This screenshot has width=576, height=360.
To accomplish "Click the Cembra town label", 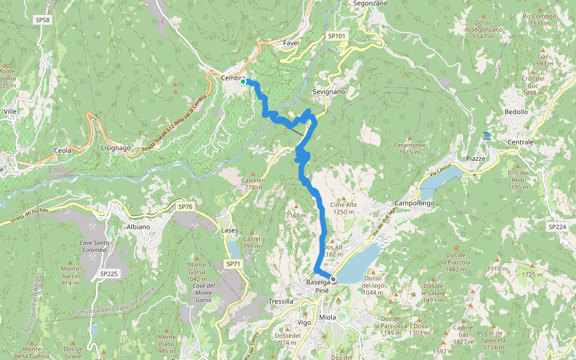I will [232, 78].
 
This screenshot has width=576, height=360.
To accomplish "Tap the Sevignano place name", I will [329, 92].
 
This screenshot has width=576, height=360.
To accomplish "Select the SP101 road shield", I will [337, 37].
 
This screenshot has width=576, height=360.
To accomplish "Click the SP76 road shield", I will [185, 206].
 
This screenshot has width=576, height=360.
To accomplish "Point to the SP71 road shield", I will [233, 263].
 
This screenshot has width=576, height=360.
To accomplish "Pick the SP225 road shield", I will [109, 274].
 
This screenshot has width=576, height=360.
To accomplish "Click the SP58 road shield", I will [42, 20].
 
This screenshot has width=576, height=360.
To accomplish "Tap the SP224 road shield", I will [557, 227].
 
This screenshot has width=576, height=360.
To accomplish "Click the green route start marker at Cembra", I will [243, 82].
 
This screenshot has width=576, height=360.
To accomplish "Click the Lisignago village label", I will [116, 148].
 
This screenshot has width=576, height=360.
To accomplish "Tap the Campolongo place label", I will [415, 203].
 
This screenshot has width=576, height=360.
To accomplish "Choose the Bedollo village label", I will [516, 112].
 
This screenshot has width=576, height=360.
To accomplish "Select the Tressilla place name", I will [281, 301].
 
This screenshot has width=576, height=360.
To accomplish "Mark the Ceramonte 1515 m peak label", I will [409, 148].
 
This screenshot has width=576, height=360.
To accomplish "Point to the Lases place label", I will [230, 230].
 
